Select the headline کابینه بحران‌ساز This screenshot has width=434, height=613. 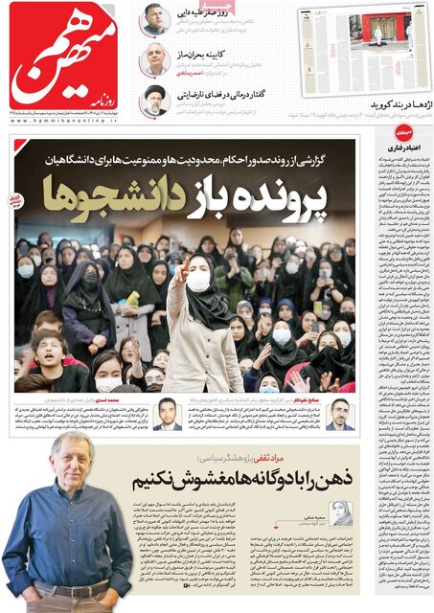205,57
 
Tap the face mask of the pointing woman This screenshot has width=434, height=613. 199,281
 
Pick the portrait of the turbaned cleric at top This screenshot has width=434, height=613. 154,99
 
